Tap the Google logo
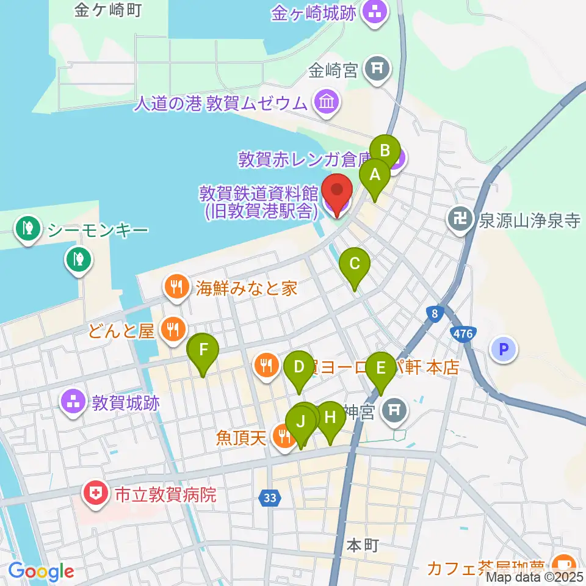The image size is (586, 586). tap(41, 571)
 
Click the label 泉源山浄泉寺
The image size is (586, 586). tap(529, 220)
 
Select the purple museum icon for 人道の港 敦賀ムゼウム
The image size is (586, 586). tap(327, 101)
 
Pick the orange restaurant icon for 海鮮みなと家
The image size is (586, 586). tap(177, 288)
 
